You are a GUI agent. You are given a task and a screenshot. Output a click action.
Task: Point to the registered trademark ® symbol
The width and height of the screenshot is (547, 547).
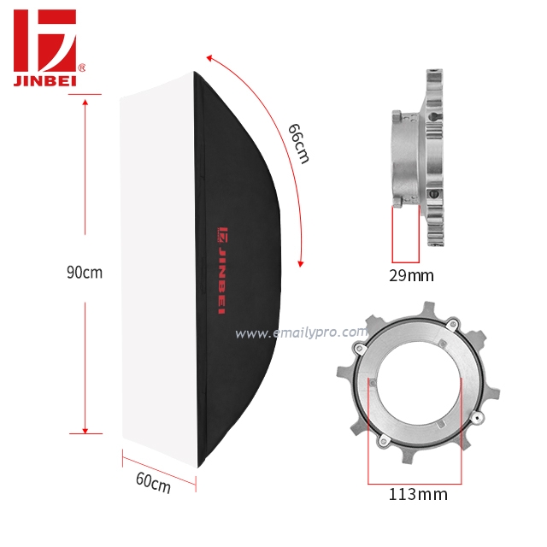click(x=81, y=67)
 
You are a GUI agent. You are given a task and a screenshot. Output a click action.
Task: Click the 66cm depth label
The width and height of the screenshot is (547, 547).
click(x=299, y=143)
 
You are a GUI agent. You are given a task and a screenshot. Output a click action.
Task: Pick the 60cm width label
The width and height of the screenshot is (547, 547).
click(x=153, y=483)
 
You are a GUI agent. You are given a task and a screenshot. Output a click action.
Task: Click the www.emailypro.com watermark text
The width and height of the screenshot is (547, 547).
click(x=301, y=333)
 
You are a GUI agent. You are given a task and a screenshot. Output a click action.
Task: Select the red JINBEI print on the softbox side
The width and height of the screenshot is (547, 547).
click(x=221, y=269)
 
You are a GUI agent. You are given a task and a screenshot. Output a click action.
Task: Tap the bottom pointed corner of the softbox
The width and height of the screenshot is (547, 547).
click(x=199, y=466)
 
